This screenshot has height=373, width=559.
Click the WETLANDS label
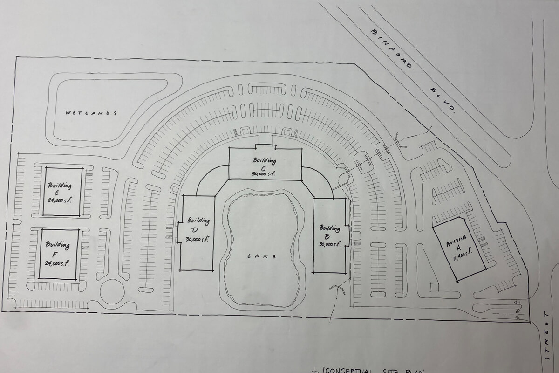[x=90, y=113]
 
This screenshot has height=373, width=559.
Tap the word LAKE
[x=262, y=256]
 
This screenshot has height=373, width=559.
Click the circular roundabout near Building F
[x=112, y=291]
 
